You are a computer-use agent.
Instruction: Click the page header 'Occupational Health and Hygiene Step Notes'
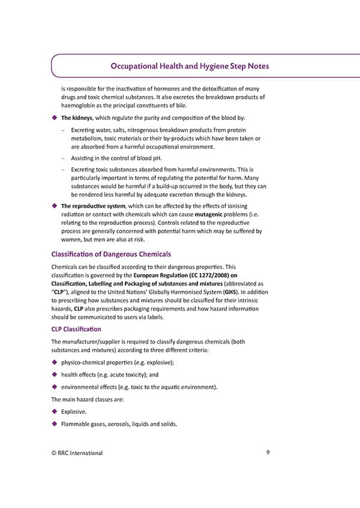(190, 66)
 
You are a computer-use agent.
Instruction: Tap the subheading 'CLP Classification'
(76, 329)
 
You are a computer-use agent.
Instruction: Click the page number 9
(267, 452)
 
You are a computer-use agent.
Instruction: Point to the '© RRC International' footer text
(77, 453)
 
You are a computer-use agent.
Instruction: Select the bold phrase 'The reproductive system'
(93, 206)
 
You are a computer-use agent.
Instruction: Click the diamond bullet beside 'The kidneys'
(55, 118)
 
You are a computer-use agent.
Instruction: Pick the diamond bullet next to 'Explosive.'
(55, 411)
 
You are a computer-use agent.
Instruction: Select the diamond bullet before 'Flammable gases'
(55, 424)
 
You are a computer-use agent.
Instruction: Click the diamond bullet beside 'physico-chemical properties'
(55, 362)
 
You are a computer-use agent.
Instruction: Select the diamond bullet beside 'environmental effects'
(55, 386)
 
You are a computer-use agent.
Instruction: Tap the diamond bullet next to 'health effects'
(55, 374)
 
